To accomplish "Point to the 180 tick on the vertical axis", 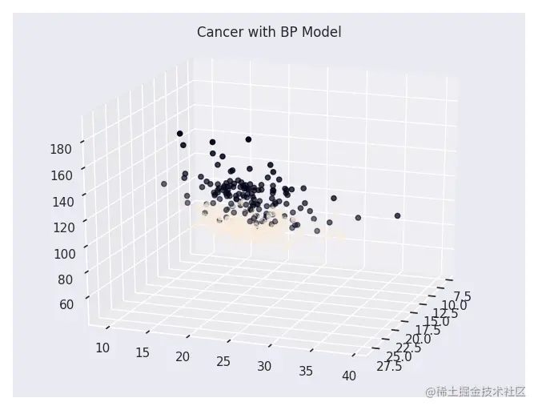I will pyautogui.click(x=62, y=148).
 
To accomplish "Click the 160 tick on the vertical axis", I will pyautogui.click(x=62, y=175).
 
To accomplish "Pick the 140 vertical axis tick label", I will pyautogui.click(x=62, y=201).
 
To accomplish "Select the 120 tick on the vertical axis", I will pyautogui.click(x=62, y=227).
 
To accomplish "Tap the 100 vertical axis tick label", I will pyautogui.click(x=62, y=254).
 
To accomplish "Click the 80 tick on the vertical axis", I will pyautogui.click(x=66, y=279).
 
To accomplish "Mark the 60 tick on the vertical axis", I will pyautogui.click(x=66, y=304).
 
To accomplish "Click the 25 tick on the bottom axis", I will pyautogui.click(x=223, y=362).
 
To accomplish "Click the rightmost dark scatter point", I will pyautogui.click(x=397, y=215).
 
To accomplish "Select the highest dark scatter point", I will pyautogui.click(x=180, y=134).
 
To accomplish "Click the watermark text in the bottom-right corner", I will pyautogui.click(x=476, y=392).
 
